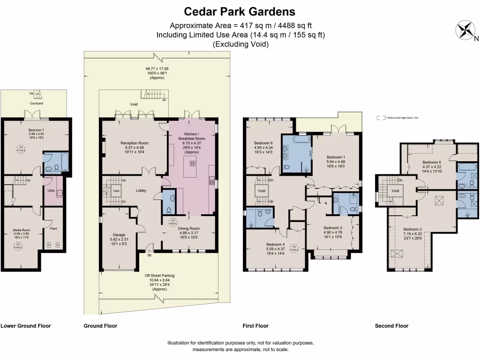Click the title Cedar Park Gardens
pyautogui.click(x=240, y=11)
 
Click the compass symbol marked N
pyautogui.click(x=465, y=30)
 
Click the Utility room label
pyautogui.click(x=51, y=191)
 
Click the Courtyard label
pyautogui.click(x=37, y=103)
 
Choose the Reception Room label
pyautogui.click(x=134, y=143)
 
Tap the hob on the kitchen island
pyautogui.click(x=192, y=164)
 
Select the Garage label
pyautogui.click(x=119, y=235)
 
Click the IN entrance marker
pyautogui.click(x=150, y=256)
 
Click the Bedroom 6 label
pyautogui.click(x=263, y=143)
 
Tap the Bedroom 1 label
pyautogui.click(x=336, y=157)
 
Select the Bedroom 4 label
pyautogui.click(x=276, y=244)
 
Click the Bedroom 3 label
pyautogui.click(x=333, y=228)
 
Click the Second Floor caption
pyautogui.click(x=391, y=326)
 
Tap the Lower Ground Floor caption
pyautogui.click(x=26, y=326)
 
